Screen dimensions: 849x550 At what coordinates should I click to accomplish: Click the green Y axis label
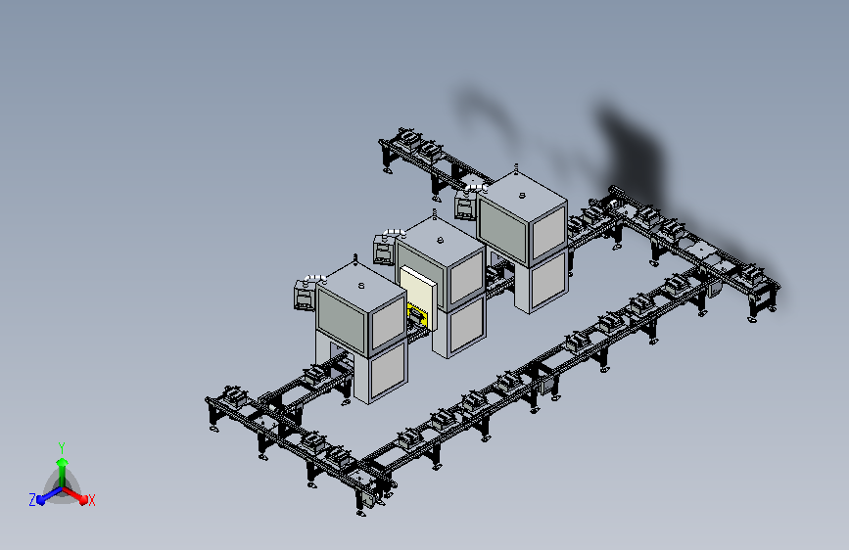[61, 447]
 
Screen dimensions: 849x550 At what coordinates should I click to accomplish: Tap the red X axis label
[91, 501]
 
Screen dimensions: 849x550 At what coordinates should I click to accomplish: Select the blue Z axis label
[32, 500]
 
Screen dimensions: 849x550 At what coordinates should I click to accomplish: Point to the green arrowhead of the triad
[62, 462]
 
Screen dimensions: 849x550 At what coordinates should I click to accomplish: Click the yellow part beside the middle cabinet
[417, 315]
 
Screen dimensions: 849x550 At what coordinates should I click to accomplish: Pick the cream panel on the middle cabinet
[418, 294]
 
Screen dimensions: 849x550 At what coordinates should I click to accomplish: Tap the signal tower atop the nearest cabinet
[355, 258]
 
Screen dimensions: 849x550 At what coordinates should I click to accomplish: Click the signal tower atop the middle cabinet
[434, 213]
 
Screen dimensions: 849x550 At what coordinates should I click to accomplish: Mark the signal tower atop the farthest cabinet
[516, 168]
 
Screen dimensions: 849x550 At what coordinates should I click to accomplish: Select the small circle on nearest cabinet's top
[361, 286]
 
